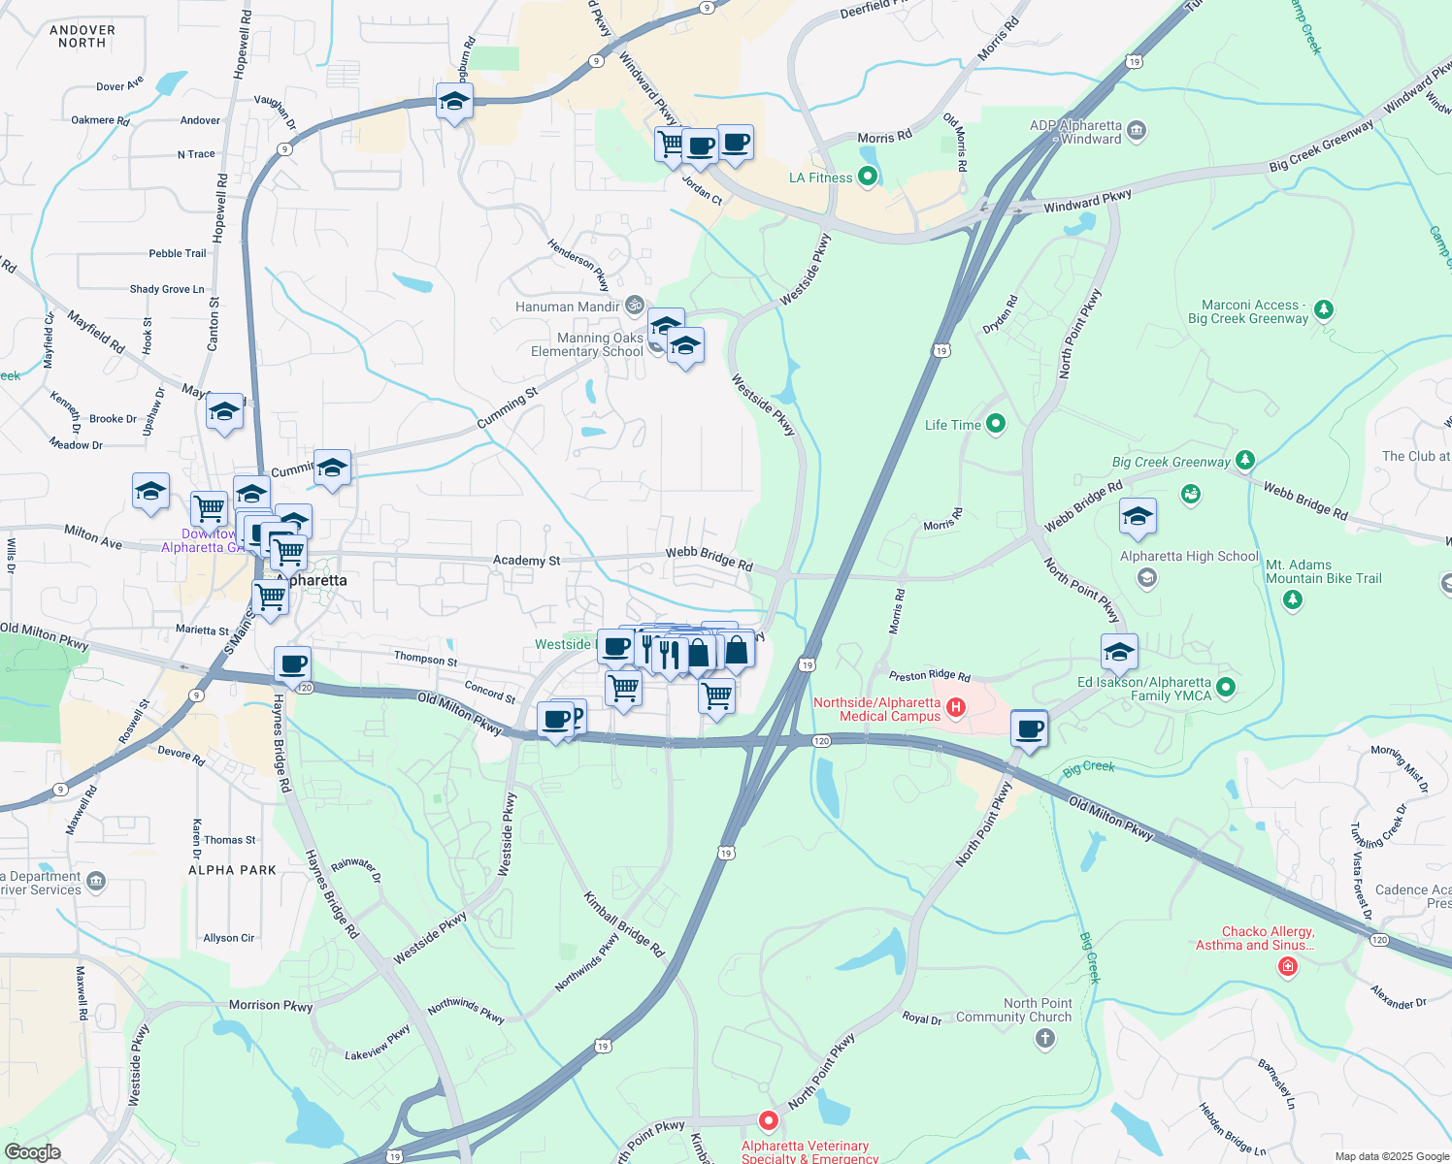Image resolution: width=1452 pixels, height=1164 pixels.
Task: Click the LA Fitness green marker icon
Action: pyautogui.click(x=868, y=177)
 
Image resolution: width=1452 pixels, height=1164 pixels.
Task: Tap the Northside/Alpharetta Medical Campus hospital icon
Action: pyautogui.click(x=956, y=707)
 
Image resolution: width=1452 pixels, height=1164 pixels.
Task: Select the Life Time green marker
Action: pyautogui.click(x=995, y=424)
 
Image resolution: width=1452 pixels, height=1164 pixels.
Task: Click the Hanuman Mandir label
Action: pyautogui.click(x=568, y=307)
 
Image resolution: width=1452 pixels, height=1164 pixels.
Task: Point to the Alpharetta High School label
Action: pyautogui.click(x=1189, y=557)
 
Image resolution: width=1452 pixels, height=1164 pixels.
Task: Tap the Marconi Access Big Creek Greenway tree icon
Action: pyautogui.click(x=1324, y=310)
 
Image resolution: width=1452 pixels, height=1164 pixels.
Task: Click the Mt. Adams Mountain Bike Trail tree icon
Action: pyautogui.click(x=1292, y=599)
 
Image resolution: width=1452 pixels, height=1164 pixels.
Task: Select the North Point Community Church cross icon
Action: pyautogui.click(x=1044, y=1039)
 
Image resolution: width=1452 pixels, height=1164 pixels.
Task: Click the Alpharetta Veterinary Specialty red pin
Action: pyautogui.click(x=768, y=1121)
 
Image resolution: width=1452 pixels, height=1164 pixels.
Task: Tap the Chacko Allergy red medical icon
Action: pyautogui.click(x=1287, y=967)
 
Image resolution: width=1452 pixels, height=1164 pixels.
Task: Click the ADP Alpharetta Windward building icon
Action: pyautogui.click(x=1137, y=130)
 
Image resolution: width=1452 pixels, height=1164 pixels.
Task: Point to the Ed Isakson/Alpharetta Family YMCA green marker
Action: pyautogui.click(x=1225, y=688)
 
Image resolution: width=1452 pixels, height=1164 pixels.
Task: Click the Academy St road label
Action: pyautogui.click(x=526, y=561)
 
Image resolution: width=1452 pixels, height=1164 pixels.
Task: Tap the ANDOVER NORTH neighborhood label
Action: pyautogui.click(x=82, y=37)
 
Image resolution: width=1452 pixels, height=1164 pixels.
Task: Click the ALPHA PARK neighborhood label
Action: pyautogui.click(x=232, y=870)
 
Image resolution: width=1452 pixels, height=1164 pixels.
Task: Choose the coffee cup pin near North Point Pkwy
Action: pyautogui.click(x=1029, y=729)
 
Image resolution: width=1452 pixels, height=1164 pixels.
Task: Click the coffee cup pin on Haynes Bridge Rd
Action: pyautogui.click(x=292, y=666)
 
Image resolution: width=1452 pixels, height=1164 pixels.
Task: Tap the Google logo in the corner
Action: pyautogui.click(x=32, y=1151)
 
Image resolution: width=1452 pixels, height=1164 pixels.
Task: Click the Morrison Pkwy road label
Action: pyautogui.click(x=271, y=1006)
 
